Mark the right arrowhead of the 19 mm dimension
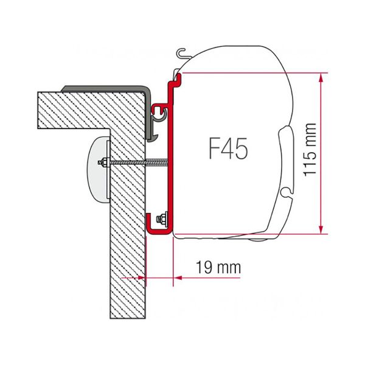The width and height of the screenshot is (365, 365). [178, 277]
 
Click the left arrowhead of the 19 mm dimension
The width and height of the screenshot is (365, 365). [142, 277]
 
